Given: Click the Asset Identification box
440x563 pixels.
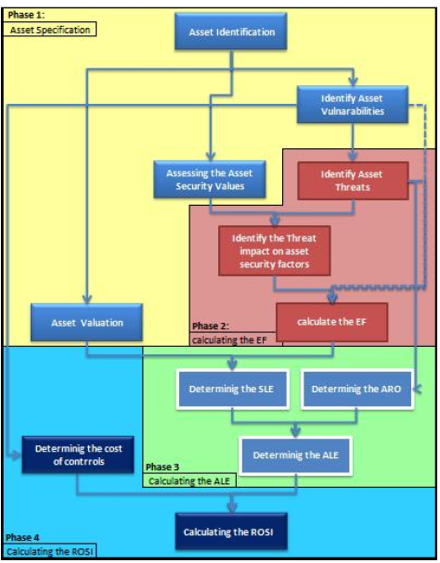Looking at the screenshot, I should click(x=231, y=32).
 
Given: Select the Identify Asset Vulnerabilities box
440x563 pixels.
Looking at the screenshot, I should click(x=353, y=105).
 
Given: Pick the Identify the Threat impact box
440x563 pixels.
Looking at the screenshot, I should click(x=275, y=250).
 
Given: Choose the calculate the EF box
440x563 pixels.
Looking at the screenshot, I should click(x=330, y=322).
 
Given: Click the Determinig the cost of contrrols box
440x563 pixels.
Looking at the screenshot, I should click(x=78, y=454).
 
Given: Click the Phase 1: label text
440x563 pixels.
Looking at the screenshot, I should click(x=25, y=15).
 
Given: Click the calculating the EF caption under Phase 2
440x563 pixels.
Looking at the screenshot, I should click(x=233, y=339).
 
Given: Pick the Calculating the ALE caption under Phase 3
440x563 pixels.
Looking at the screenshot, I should click(x=186, y=481).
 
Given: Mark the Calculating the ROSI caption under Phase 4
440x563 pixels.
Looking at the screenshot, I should click(x=50, y=552).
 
